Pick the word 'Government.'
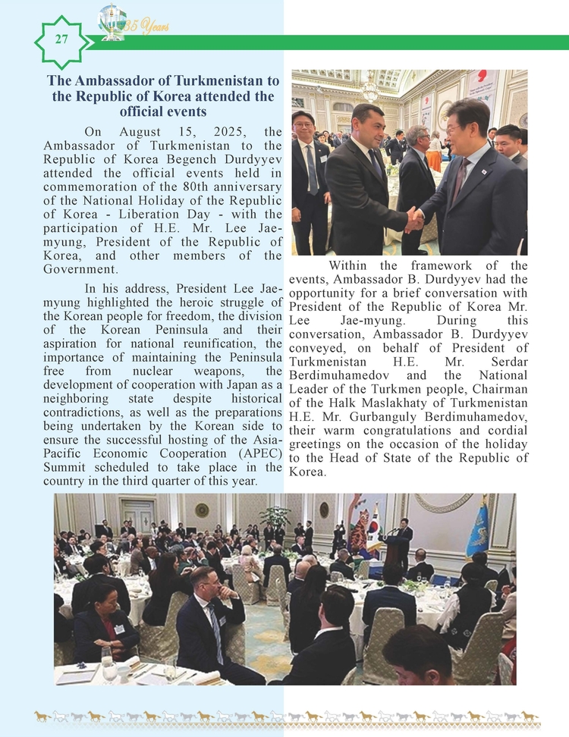[80, 269]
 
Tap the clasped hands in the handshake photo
[413, 220]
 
